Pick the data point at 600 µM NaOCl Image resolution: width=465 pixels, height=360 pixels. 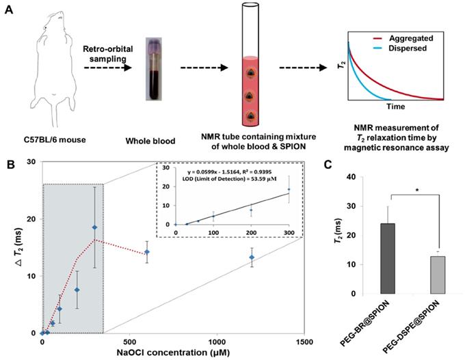click(147, 252)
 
